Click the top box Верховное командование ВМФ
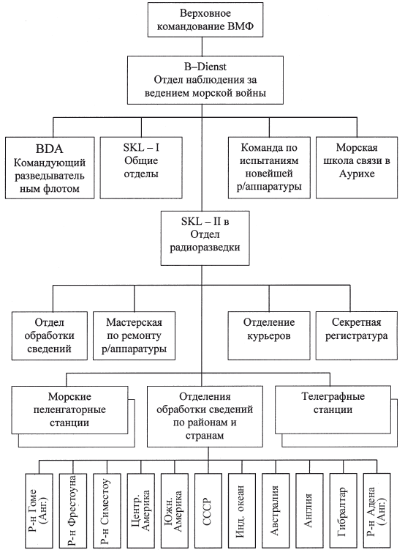click(x=205, y=20)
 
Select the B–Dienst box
click(x=205, y=80)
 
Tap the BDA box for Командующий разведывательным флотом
click(x=50, y=168)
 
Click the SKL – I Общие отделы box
click(x=141, y=168)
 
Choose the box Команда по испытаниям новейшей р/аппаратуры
click(x=269, y=168)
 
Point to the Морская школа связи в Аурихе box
click(x=357, y=168)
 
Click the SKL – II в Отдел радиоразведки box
click(x=205, y=238)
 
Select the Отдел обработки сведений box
click(x=50, y=335)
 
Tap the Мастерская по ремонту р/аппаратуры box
click(x=134, y=335)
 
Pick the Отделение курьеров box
click(x=269, y=335)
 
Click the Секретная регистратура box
click(x=357, y=335)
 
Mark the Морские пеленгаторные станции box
click(x=69, y=410)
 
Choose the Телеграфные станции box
click(x=333, y=409)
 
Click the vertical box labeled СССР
click(x=208, y=510)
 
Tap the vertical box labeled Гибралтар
click(x=343, y=510)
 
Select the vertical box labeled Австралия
click(x=276, y=510)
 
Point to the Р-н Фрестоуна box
click(x=73, y=510)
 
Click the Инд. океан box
click(x=242, y=510)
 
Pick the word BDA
click(x=50, y=149)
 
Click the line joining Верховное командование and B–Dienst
click(x=202, y=46)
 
